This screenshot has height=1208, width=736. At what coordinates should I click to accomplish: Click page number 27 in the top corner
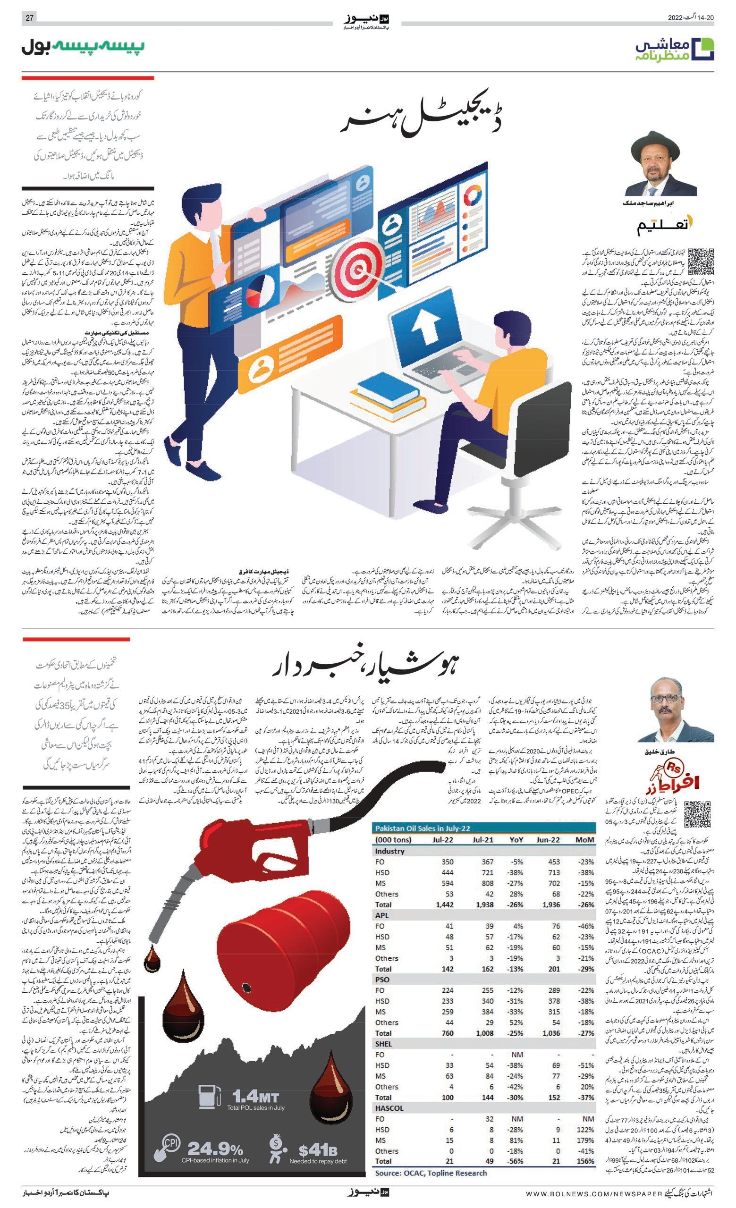coord(29,18)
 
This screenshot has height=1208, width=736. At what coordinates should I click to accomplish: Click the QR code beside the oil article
coord(697,814)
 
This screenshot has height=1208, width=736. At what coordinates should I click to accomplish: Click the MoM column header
coord(584,840)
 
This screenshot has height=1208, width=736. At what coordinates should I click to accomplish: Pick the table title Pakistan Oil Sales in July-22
coord(423,828)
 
